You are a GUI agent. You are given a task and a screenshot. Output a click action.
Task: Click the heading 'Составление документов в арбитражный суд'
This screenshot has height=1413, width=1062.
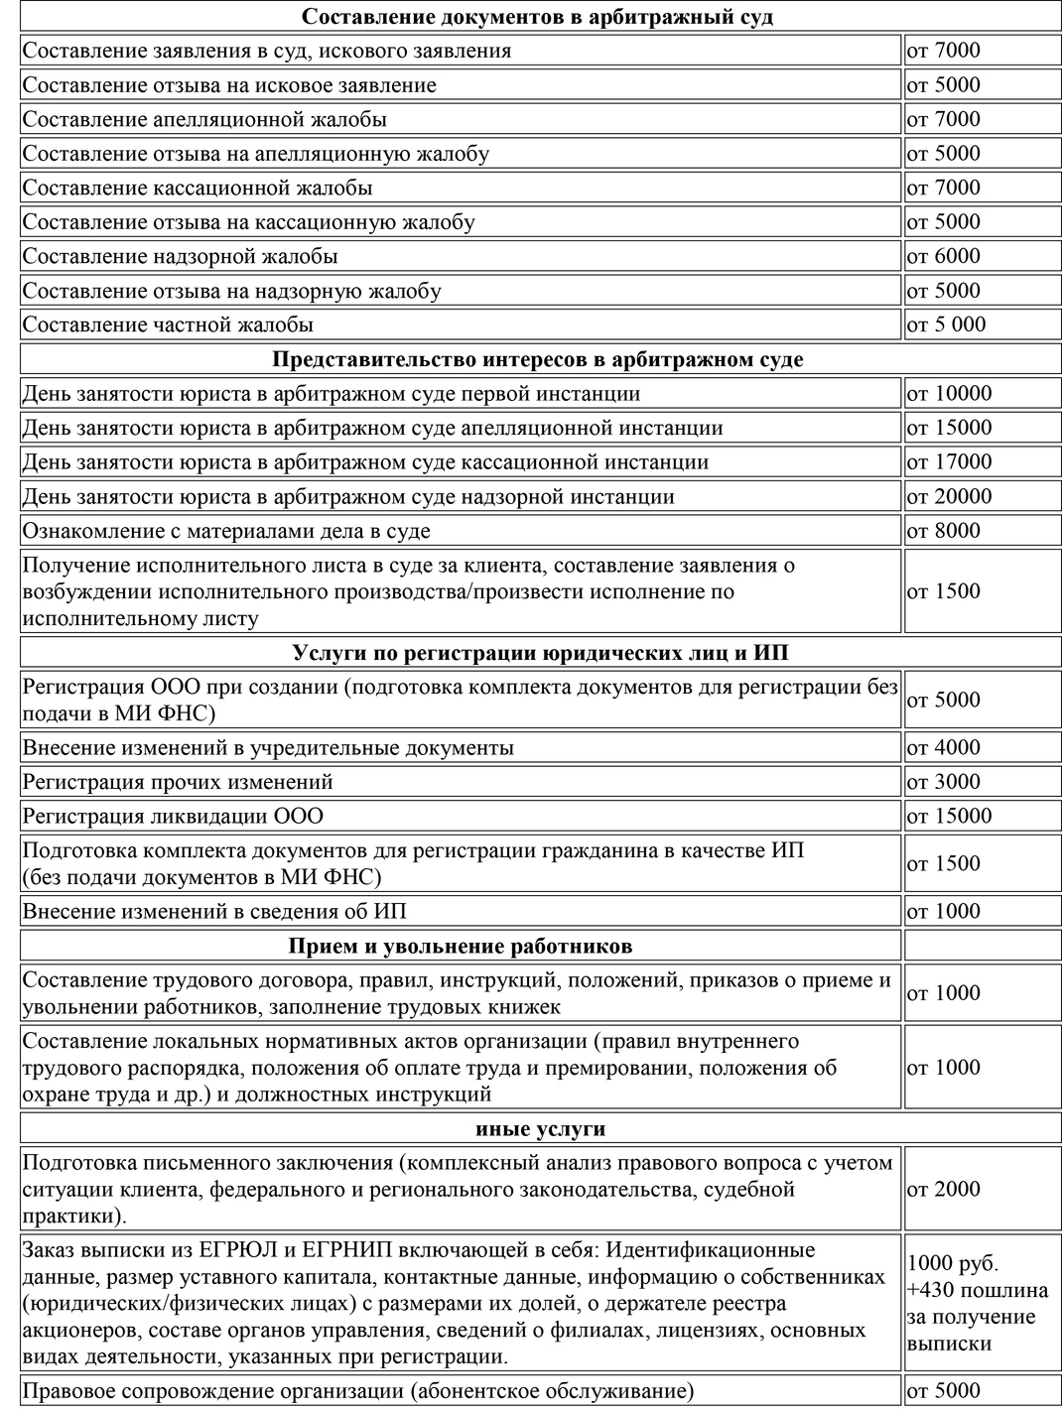click(537, 17)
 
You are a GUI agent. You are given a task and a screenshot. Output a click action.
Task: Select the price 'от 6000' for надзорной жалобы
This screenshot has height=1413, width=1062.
click(943, 256)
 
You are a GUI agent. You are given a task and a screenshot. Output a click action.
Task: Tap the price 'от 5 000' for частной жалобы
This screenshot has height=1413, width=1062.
click(946, 324)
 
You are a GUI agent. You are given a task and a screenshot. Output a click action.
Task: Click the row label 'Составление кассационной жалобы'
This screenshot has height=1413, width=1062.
click(198, 188)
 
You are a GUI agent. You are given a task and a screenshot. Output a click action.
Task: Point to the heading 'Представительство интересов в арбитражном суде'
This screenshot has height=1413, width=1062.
click(537, 359)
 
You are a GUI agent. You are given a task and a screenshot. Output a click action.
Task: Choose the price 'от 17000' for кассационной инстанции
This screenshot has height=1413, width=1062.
click(948, 461)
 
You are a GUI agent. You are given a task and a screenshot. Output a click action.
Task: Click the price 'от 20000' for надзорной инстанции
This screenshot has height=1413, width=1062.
click(948, 496)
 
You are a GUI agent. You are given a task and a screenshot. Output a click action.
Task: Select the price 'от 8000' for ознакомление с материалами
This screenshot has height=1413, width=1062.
click(943, 530)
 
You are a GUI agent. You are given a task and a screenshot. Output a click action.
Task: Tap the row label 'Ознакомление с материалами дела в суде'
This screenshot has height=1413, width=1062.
click(226, 531)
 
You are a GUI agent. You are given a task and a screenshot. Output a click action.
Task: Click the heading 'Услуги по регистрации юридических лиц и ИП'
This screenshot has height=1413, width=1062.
click(541, 652)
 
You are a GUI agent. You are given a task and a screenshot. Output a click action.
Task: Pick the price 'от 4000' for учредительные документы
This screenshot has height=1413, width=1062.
click(943, 747)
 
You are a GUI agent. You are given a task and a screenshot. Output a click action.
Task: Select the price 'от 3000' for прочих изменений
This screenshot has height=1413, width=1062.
click(943, 782)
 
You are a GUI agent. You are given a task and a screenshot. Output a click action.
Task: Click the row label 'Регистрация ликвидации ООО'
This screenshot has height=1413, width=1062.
click(173, 817)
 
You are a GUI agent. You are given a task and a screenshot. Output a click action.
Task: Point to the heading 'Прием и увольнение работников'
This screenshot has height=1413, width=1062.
click(461, 946)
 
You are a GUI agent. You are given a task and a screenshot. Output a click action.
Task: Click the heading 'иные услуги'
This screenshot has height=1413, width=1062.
click(540, 1128)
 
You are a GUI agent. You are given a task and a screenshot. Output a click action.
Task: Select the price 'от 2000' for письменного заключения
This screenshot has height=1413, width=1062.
click(943, 1189)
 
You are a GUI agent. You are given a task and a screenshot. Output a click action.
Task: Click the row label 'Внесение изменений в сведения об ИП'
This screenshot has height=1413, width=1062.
click(214, 911)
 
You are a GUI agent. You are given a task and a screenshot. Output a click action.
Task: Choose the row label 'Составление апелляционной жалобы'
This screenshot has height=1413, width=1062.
click(204, 119)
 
